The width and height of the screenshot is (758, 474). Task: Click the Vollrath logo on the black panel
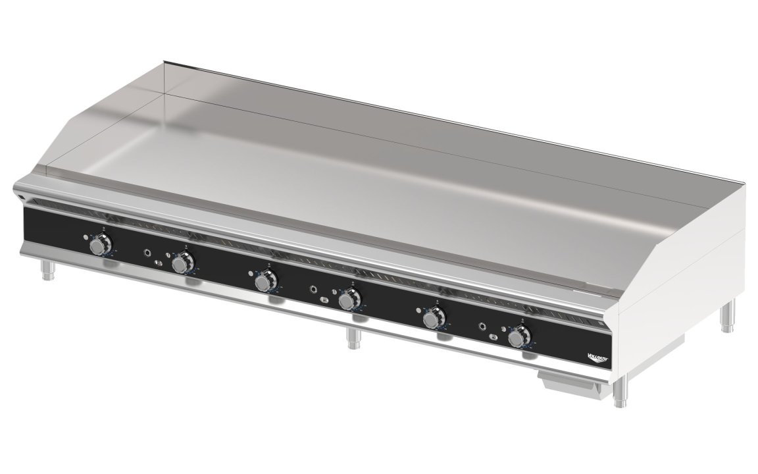pyautogui.click(x=597, y=357)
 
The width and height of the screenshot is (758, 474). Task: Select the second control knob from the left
pyautogui.click(x=180, y=264)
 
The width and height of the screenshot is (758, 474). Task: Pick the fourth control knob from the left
pyautogui.click(x=347, y=300)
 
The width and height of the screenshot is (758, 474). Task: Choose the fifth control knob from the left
pyautogui.click(x=432, y=319)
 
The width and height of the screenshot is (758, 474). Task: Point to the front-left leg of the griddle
pyautogui.click(x=47, y=269)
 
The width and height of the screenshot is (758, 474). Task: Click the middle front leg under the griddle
pyautogui.click(x=351, y=339)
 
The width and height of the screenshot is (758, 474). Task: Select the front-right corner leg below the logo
pyautogui.click(x=619, y=393)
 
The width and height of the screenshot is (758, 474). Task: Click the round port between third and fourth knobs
pyautogui.click(x=315, y=288)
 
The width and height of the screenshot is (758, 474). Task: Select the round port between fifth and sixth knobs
pyautogui.click(x=484, y=326)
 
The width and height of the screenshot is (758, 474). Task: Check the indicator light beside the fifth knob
pyautogui.click(x=419, y=311)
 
